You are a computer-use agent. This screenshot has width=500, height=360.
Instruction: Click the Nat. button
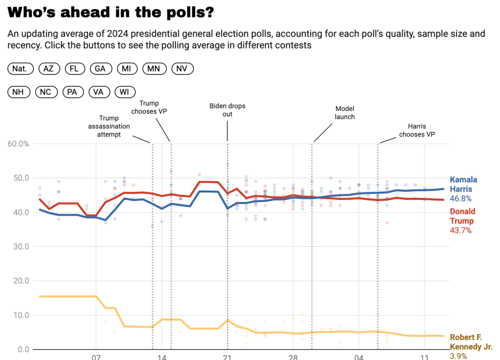[20, 69]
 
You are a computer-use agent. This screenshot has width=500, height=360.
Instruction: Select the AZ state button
[48, 69]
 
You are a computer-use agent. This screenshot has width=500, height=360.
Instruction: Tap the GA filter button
[100, 69]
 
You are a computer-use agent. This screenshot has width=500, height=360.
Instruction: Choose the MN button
[154, 69]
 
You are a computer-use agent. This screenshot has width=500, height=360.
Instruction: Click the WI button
[125, 92]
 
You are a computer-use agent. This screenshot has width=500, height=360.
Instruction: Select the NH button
[19, 92]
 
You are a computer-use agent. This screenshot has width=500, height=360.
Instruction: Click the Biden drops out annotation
[227, 110]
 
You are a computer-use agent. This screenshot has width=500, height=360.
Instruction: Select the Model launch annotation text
[345, 112]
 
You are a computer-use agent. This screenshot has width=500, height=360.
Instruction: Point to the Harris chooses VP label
[417, 130]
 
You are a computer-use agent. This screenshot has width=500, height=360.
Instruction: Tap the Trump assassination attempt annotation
[109, 126]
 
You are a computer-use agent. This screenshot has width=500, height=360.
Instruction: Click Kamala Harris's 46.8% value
[461, 198]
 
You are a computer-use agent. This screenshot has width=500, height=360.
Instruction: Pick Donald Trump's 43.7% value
[461, 230]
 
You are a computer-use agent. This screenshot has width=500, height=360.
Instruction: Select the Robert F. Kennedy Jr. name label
[471, 342]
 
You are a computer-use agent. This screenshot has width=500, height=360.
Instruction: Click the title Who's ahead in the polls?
[111, 12]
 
